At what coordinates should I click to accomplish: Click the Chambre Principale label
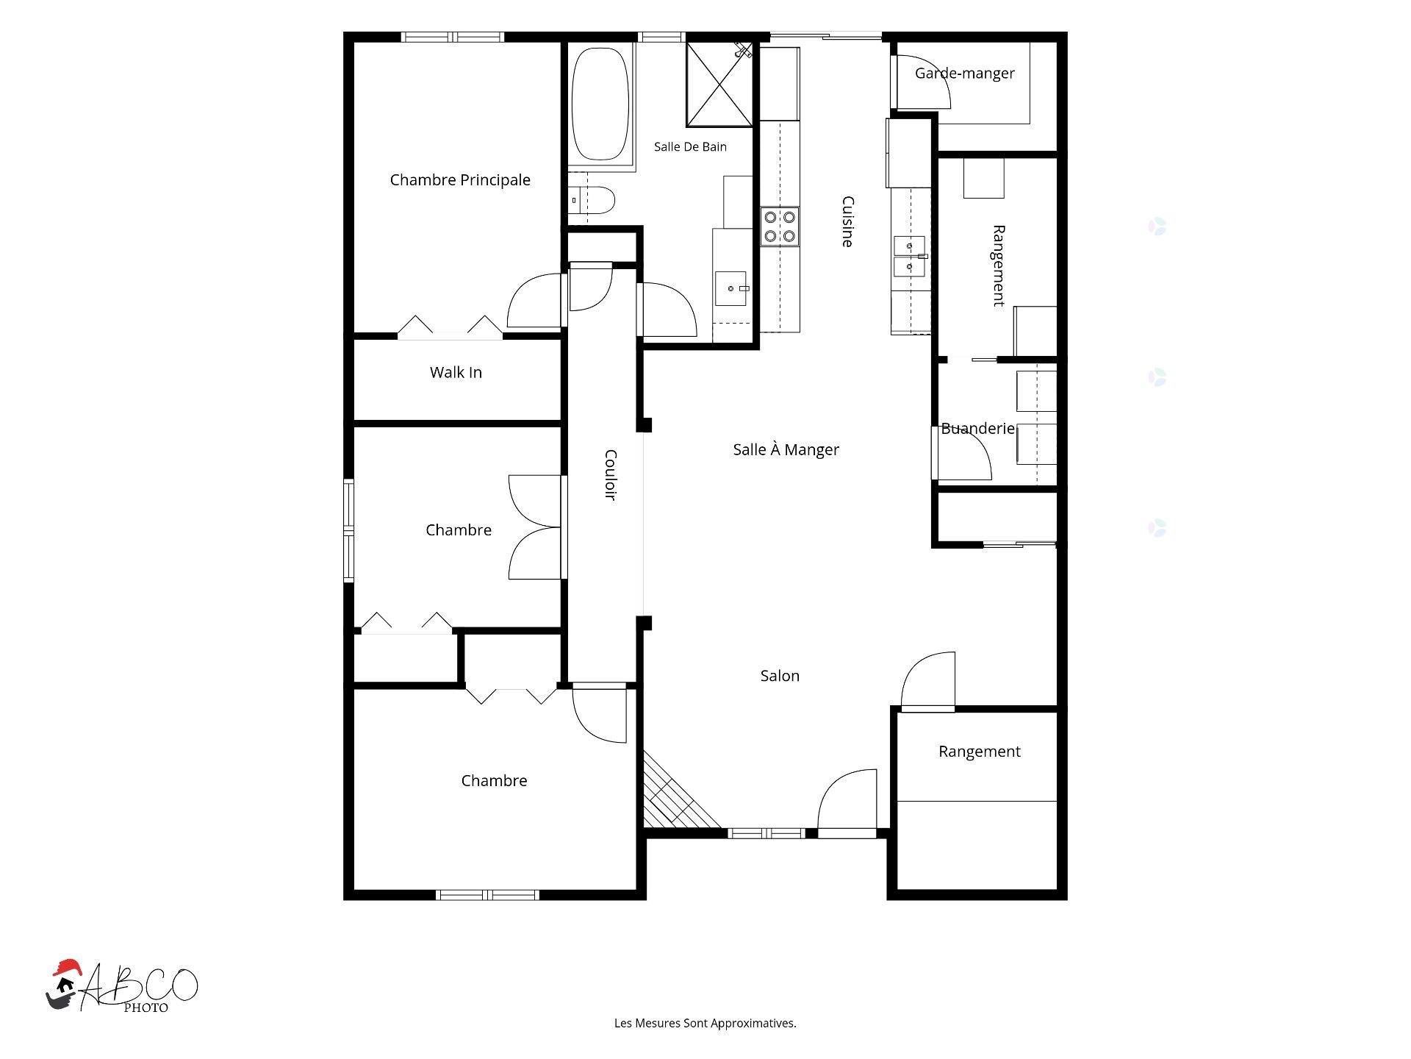point(460,180)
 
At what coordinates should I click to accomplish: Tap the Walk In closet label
point(456,373)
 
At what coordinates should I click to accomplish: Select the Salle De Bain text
point(690,147)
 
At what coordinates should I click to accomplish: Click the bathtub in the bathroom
point(600,104)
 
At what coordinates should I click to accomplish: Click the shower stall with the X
point(719,84)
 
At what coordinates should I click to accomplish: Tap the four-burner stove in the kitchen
point(780,227)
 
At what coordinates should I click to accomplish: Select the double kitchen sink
point(909,256)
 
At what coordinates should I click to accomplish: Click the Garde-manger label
point(964,74)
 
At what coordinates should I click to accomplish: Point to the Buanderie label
point(977,429)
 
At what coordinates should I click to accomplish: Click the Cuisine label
point(847,221)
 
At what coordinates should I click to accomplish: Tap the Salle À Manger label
point(786,450)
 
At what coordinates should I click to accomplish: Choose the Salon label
point(780,676)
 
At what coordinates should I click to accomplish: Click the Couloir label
point(610,475)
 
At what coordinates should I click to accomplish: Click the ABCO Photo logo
point(122,987)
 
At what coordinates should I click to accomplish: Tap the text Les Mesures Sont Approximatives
point(705,1023)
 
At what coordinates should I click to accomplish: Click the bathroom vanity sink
point(731,288)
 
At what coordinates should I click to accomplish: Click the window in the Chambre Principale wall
point(453,37)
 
